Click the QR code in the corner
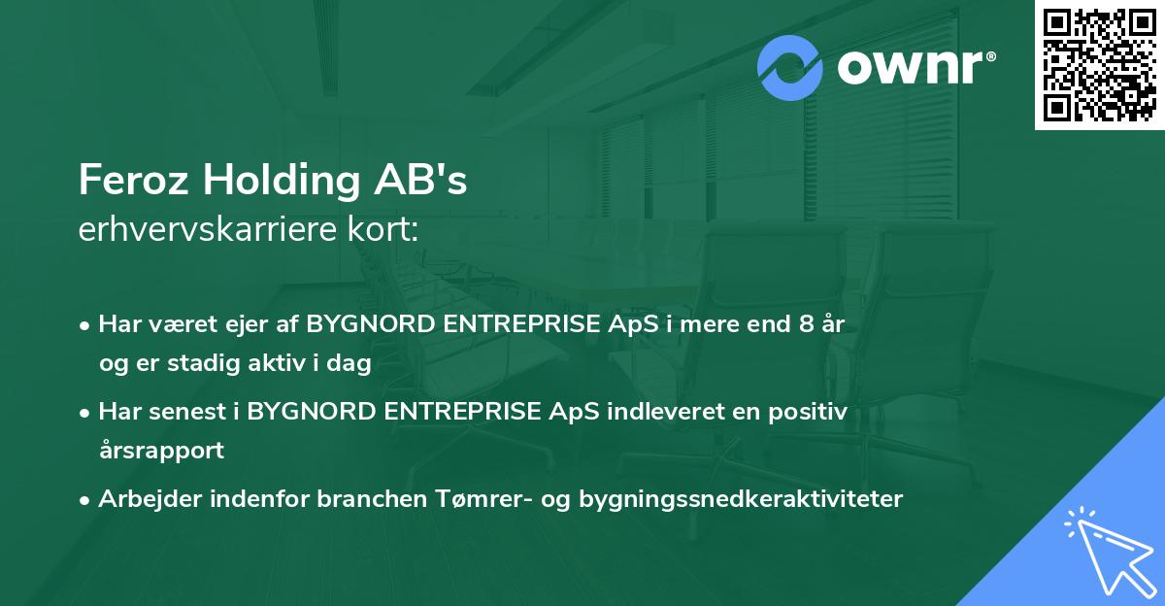point(1100,64)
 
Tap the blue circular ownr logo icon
point(790,68)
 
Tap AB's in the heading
point(430,182)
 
